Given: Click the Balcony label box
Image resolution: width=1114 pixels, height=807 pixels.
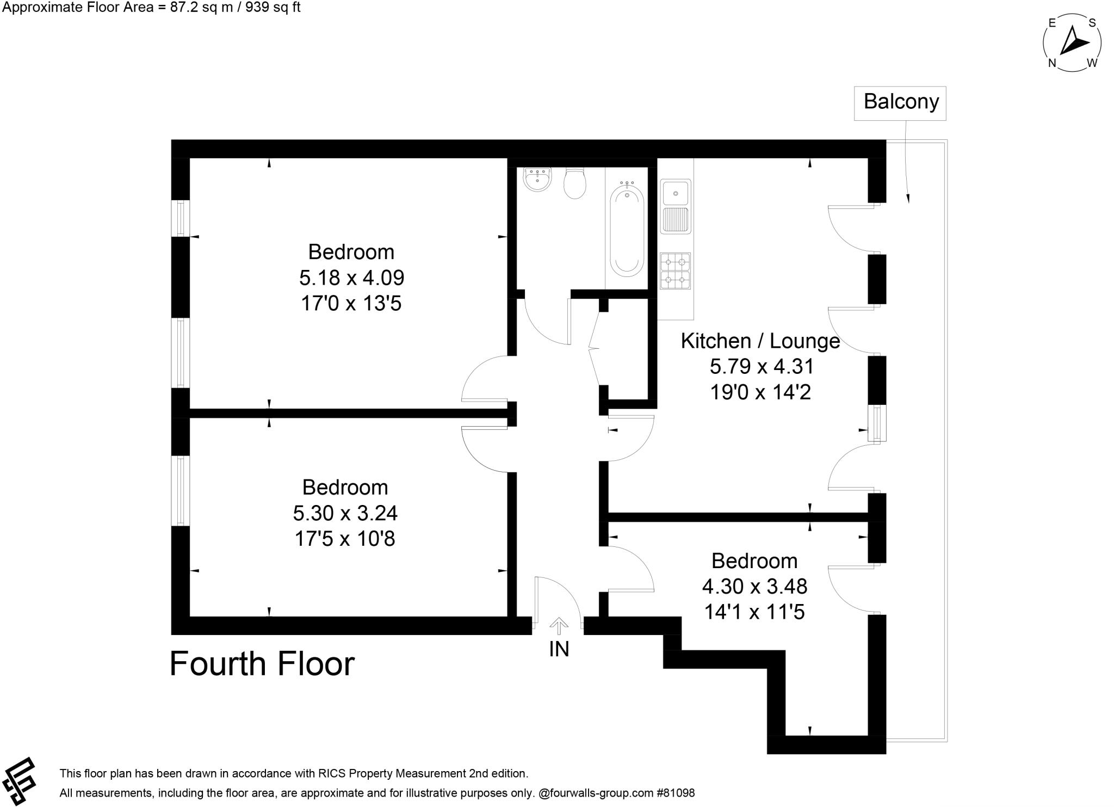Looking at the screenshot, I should coord(900,103).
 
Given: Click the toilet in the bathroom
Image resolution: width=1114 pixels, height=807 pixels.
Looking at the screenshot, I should coord(574,183).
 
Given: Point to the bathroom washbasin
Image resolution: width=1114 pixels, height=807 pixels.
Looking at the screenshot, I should coord(537,179).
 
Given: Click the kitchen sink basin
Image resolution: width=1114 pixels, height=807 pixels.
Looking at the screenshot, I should coord(676,194).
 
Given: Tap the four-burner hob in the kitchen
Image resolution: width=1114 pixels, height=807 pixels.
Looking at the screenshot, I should coord(675,270).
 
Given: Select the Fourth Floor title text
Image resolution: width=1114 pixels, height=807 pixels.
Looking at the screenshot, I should coord(262,664).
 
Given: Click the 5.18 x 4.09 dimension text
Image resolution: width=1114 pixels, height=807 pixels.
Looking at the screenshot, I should coord(351,278).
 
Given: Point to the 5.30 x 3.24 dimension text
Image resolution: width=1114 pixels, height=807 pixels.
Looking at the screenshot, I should coord(345,513).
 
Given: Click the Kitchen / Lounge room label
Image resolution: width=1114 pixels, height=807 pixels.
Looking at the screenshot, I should coord(760,341).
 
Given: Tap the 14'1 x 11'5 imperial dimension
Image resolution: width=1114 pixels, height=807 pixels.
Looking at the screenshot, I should coord(754,612).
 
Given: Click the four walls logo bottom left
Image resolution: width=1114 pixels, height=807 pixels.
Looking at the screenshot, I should coord(19,781).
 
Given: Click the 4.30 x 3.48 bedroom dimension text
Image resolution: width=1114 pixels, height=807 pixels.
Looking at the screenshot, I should coord(754,587).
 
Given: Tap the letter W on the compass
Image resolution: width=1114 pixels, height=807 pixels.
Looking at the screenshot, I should coord(1092,63).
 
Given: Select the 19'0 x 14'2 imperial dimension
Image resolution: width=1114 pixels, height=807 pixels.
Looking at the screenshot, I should coord(760,392).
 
